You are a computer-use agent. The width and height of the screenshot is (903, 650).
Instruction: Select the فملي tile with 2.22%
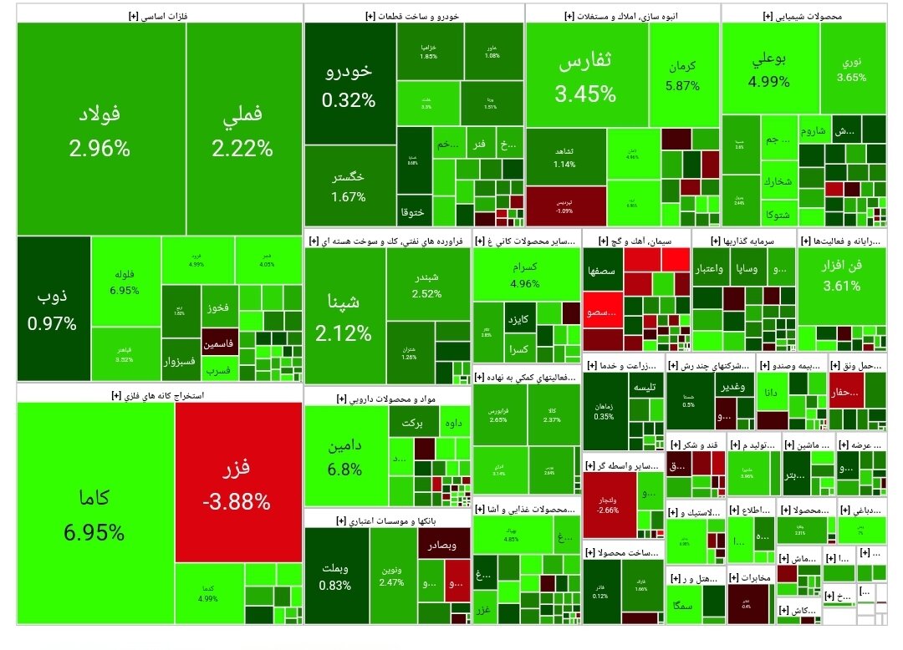coord(243,129)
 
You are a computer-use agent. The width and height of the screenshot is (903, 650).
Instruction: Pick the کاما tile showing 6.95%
coord(95,512)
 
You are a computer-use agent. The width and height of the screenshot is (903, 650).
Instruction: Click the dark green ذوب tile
coord(53,308)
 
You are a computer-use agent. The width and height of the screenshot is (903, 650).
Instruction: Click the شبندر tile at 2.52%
coord(427,284)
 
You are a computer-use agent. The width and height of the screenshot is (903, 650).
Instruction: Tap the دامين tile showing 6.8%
coord(344,455)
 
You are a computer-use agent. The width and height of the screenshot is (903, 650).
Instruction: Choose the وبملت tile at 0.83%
coord(335,576)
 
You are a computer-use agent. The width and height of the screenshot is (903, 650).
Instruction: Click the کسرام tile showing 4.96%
coord(527,275)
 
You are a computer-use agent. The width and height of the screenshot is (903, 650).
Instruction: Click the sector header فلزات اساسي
coord(159,13)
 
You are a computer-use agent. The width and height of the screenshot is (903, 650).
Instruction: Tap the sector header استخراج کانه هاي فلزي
coord(159,394)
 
